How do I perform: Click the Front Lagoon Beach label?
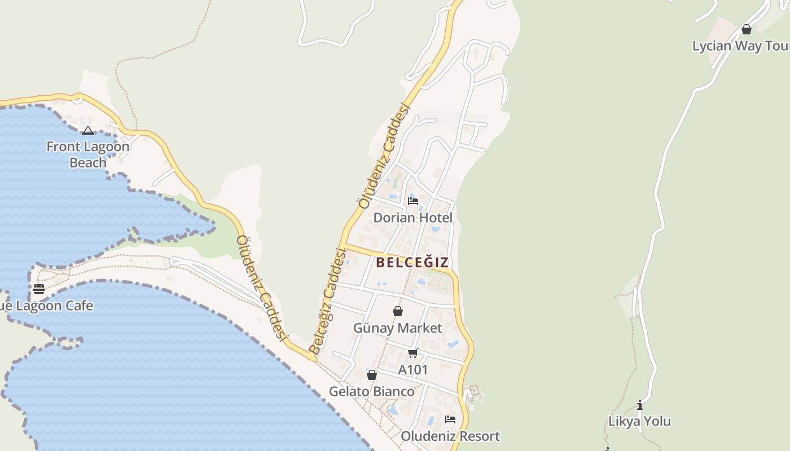[x=87, y=154]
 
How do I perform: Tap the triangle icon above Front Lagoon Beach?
[x=87, y=131]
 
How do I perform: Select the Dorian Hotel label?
[x=413, y=218]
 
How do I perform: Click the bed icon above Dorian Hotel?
[x=413, y=201]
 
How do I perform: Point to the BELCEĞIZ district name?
[x=412, y=262]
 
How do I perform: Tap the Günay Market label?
[x=398, y=328]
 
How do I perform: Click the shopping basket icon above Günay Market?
[x=398, y=311]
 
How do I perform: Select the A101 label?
[x=413, y=370]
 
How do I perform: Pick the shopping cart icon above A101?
[x=413, y=353]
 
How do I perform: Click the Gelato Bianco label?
[x=372, y=391]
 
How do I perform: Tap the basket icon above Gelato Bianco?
[x=372, y=375]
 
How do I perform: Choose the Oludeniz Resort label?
[x=450, y=436]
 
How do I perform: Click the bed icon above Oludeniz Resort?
[x=450, y=419]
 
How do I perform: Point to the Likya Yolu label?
[x=639, y=421]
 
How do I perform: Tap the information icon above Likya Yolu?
[x=639, y=405]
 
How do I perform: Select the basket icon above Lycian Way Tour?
[x=747, y=29]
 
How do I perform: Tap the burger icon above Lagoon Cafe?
[x=39, y=289]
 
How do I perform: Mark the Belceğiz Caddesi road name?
[x=328, y=302]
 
